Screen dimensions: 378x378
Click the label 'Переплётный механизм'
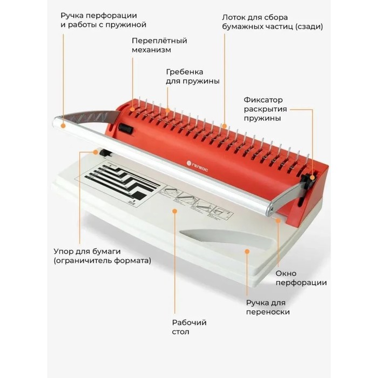(159, 45)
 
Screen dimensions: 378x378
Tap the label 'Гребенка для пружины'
(193, 76)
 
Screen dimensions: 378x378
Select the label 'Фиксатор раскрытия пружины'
(265, 109)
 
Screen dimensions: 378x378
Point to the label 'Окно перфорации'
(301, 278)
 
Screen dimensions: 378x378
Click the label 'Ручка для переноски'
(268, 307)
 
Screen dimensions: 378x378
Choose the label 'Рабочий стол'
(189, 327)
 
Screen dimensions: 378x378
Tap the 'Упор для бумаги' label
(87, 252)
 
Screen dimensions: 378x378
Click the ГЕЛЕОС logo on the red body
(198, 166)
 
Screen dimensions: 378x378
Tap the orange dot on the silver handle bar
(63, 126)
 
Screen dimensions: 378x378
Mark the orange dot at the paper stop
(96, 152)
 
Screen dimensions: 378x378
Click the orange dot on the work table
(175, 211)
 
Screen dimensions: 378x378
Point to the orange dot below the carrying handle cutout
(247, 252)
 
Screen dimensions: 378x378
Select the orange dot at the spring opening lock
(313, 178)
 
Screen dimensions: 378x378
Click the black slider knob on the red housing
(126, 129)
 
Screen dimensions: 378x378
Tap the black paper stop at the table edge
(106, 153)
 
